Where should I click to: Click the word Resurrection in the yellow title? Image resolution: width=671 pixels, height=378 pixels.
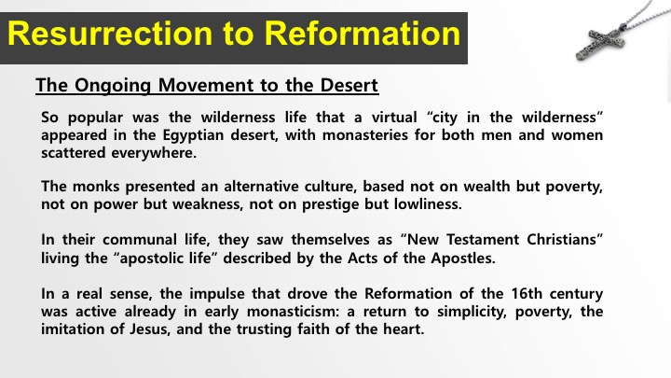110,34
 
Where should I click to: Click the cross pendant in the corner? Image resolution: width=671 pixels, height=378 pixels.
600,42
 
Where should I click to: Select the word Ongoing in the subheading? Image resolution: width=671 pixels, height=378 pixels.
113,85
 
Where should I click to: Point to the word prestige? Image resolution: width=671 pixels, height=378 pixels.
330,204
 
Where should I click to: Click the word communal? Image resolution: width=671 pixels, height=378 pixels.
140,240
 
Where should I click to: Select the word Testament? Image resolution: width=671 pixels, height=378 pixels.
483,239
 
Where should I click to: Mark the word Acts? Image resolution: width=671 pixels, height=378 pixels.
361,258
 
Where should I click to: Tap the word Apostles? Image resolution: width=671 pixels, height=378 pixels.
463,259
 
